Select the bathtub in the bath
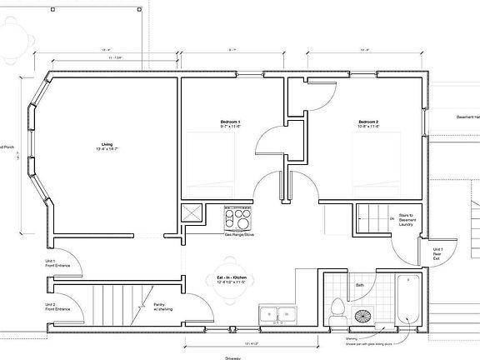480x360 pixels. [x=408, y=299]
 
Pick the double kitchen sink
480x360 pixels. [x=277, y=315]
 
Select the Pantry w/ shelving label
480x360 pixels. [x=163, y=307]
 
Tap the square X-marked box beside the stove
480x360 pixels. [x=192, y=214]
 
